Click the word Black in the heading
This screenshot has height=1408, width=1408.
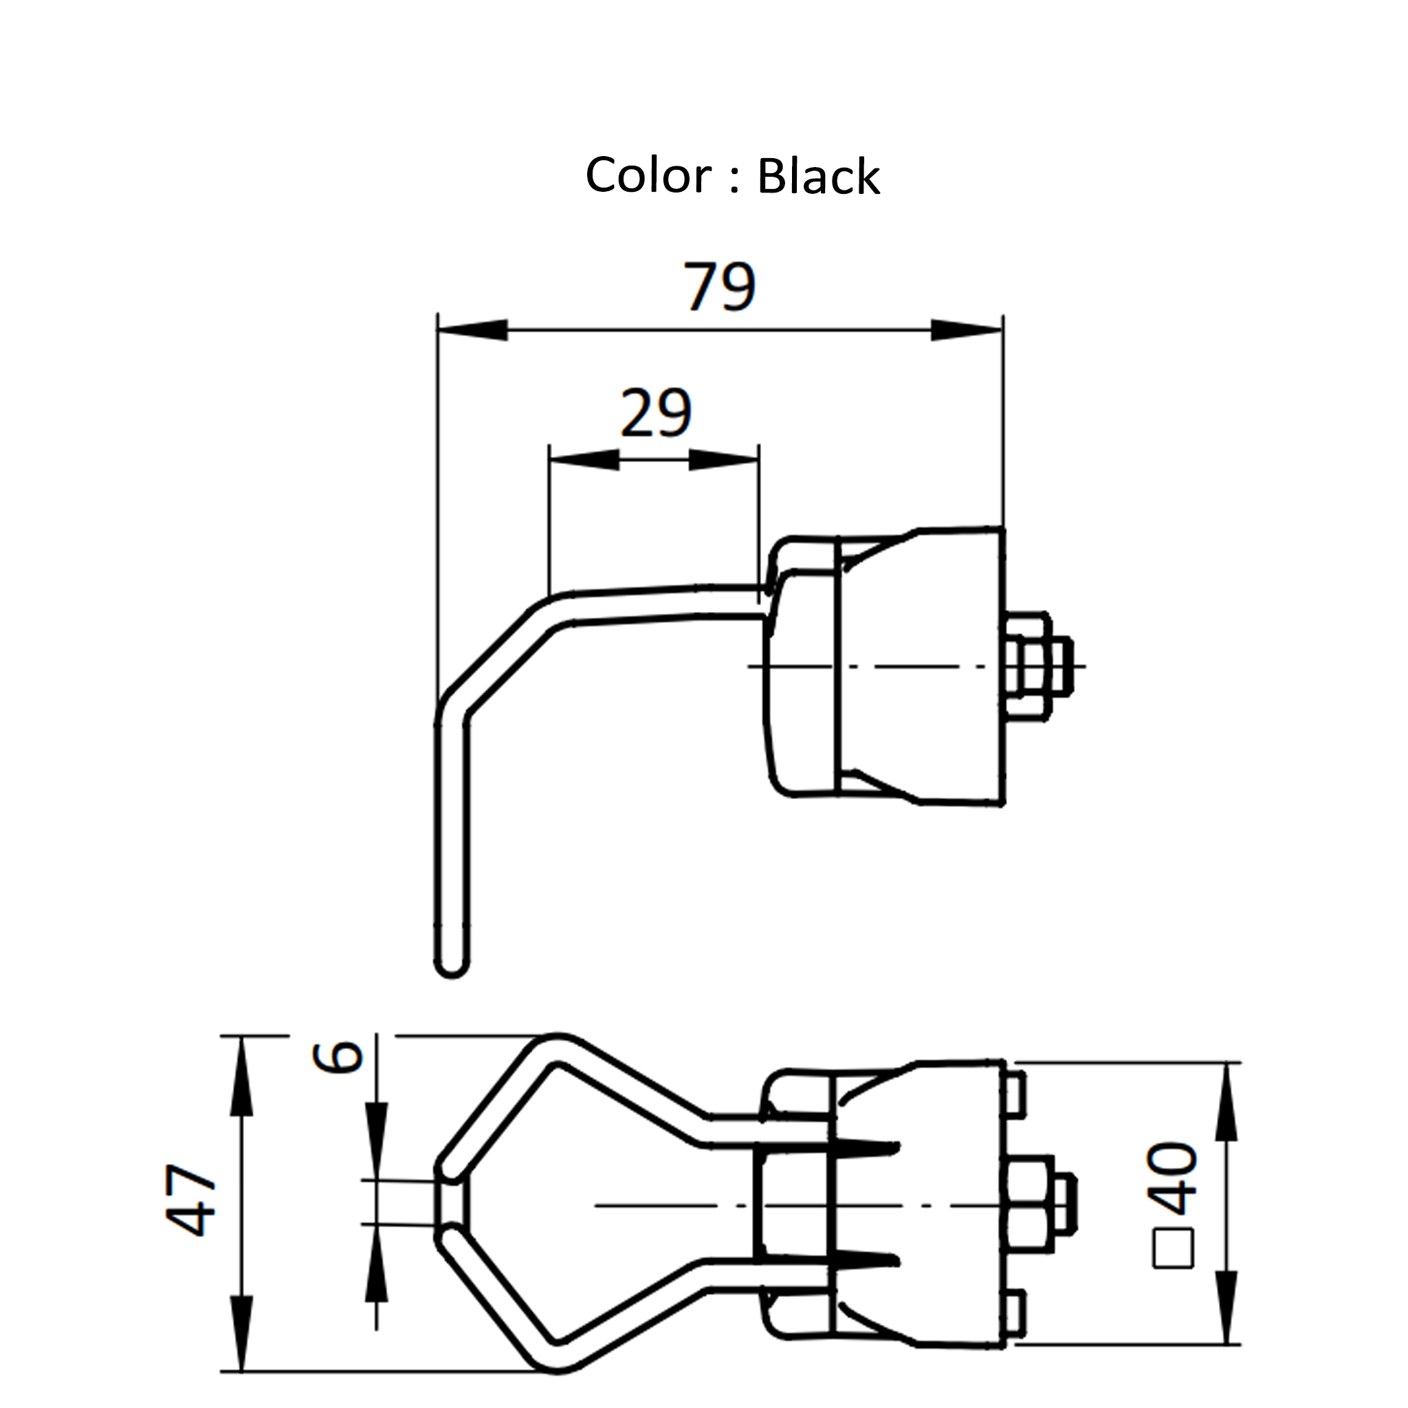(817, 177)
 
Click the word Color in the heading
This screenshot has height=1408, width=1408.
(648, 175)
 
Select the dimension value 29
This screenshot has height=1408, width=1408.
(655, 413)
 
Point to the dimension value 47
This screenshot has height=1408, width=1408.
(191, 1200)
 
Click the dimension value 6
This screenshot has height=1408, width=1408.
(338, 1057)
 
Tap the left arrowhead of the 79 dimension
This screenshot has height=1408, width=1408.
(472, 330)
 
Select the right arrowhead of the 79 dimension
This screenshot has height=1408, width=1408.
(967, 330)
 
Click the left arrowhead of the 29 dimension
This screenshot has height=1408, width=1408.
(584, 460)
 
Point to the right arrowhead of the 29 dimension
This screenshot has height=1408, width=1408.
(724, 460)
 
